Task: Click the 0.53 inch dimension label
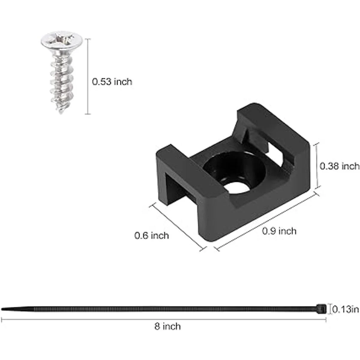[x=112, y=82]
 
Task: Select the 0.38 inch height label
[x=339, y=166]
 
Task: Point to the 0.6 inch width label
[x=151, y=235]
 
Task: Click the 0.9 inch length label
[x=279, y=231]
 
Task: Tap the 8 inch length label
[x=167, y=326]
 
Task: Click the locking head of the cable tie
[x=322, y=309]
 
